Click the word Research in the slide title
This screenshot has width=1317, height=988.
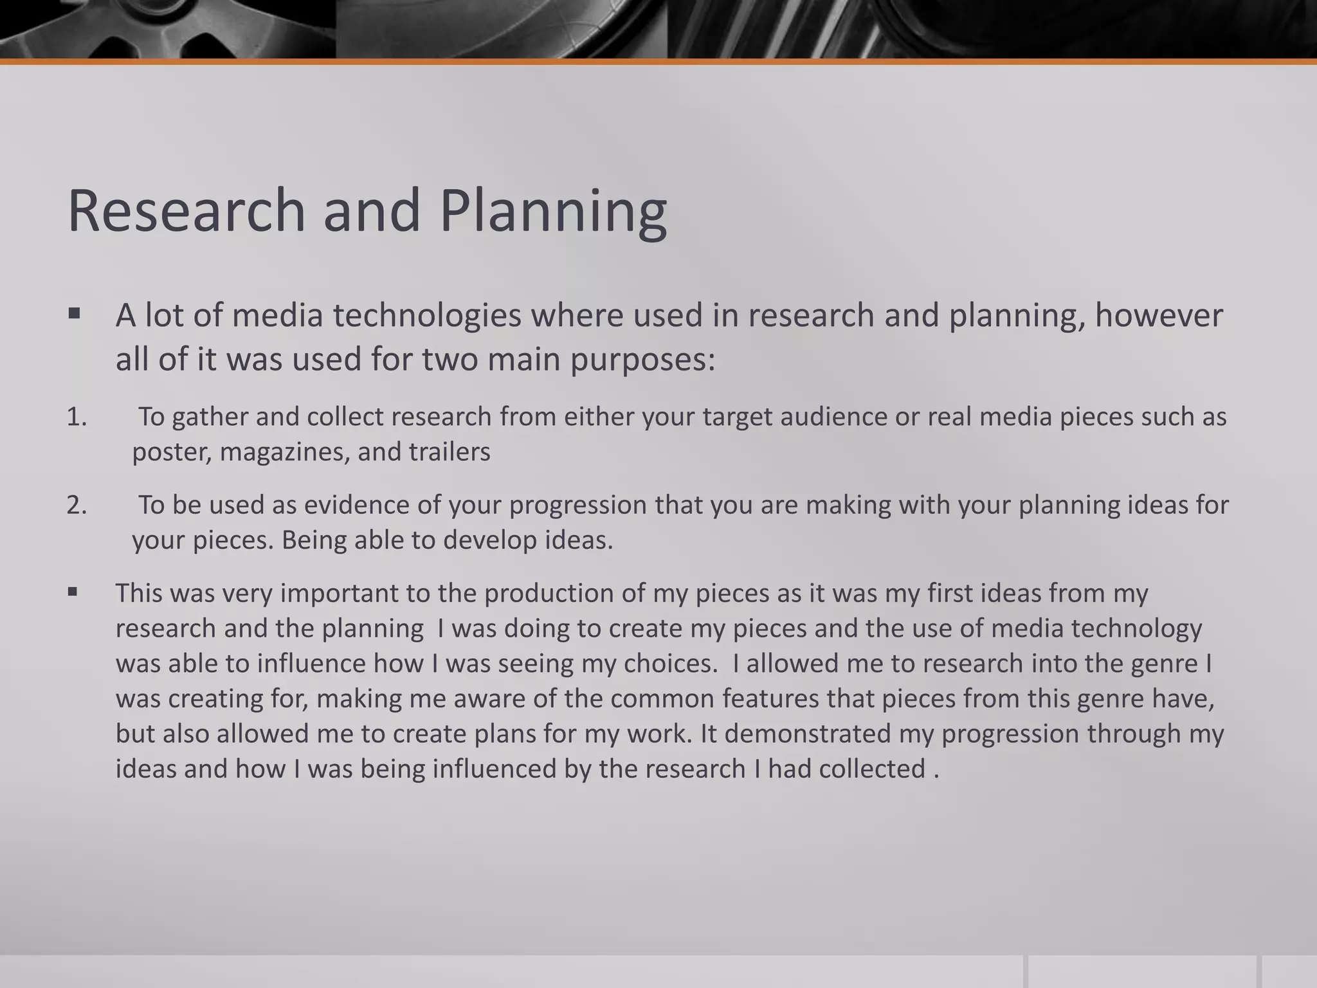(x=185, y=211)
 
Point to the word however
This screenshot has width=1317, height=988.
(x=1158, y=316)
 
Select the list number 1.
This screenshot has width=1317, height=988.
(x=77, y=417)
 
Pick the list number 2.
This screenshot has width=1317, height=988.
(x=77, y=505)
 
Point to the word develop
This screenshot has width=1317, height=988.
(x=489, y=540)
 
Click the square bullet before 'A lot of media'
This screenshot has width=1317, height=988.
(x=74, y=315)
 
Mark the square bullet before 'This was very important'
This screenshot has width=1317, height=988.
(x=73, y=592)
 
